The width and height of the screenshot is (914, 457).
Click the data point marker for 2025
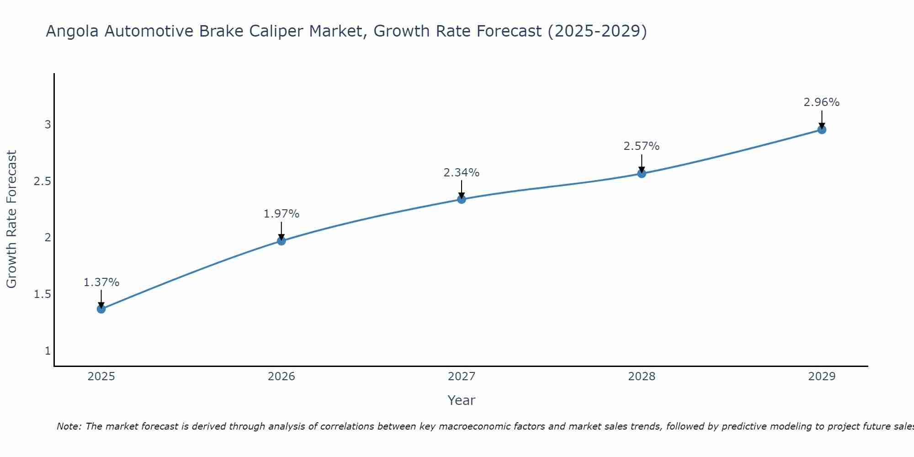tap(101, 309)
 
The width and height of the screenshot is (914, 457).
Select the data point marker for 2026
tap(282, 241)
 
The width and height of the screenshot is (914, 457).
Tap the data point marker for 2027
tap(462, 199)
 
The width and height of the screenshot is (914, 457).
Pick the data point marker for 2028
tap(642, 173)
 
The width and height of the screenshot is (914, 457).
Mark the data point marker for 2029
tap(822, 129)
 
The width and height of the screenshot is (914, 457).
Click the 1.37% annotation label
tap(101, 282)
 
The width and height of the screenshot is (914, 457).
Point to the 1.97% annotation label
tap(282, 214)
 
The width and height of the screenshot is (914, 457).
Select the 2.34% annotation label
tap(462, 173)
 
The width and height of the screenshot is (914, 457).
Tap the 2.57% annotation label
tap(642, 146)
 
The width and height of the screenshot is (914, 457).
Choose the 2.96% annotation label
tap(822, 102)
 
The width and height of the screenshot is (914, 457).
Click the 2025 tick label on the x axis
tap(101, 377)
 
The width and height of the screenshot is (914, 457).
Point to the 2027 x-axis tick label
tap(462, 377)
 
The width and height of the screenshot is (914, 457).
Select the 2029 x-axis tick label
tap(822, 377)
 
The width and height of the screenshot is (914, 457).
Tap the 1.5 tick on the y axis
tap(42, 294)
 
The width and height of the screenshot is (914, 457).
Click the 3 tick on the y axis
tap(48, 124)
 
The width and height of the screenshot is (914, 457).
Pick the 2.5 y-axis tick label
tap(42, 181)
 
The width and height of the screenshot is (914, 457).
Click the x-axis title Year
tap(462, 400)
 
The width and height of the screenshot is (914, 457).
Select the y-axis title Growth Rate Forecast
tap(12, 219)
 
